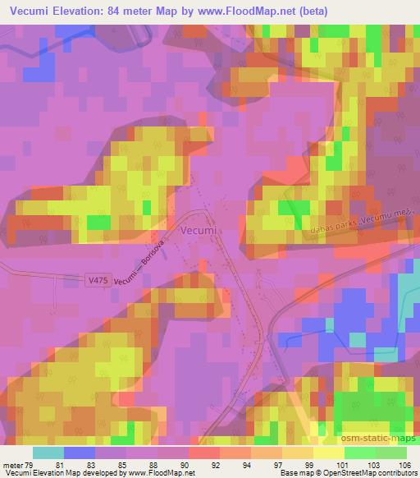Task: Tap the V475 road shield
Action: [x=95, y=281]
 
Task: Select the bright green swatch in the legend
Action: [x=361, y=453]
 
